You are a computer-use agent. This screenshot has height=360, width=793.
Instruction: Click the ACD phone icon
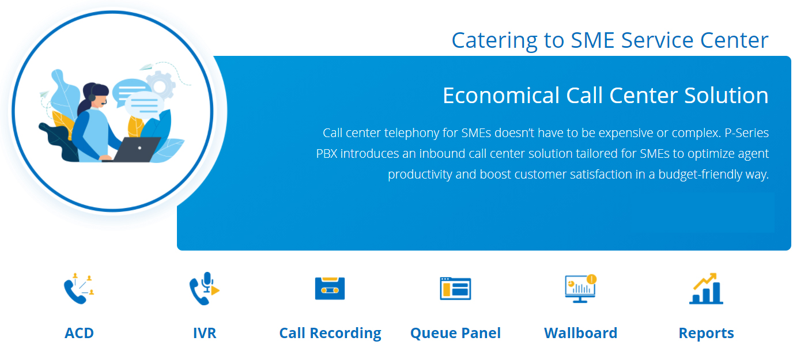point(78,289)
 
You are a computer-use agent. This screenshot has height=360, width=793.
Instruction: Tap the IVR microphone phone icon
point(204,289)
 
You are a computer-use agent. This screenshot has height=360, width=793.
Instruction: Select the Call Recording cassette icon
point(330,288)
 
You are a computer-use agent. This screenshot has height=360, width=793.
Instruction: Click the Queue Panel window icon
point(455,289)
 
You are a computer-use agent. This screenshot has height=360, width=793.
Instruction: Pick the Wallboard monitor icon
point(580,289)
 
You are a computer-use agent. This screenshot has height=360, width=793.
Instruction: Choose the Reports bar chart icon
point(706,289)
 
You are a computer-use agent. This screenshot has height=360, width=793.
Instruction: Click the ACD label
point(79,333)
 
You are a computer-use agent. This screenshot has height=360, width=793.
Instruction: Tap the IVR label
point(205,333)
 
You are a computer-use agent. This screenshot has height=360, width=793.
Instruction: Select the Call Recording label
point(330,334)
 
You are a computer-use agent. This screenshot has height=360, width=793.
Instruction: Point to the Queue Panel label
point(455,334)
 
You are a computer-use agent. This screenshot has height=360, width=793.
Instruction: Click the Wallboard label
point(580,333)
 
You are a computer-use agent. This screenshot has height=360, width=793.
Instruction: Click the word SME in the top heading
point(592,40)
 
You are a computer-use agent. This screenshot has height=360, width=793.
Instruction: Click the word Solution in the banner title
point(726,96)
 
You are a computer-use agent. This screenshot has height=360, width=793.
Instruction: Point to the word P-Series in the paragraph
point(747,133)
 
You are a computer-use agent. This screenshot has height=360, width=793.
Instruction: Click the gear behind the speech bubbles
point(161,85)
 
